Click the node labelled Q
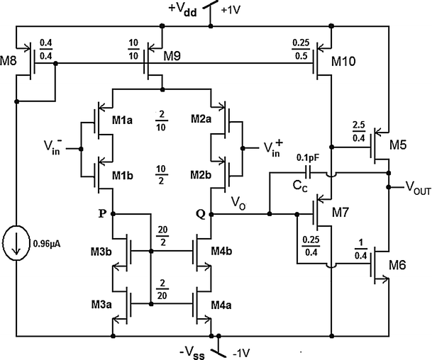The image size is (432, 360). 209,210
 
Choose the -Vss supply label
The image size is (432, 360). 195,349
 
